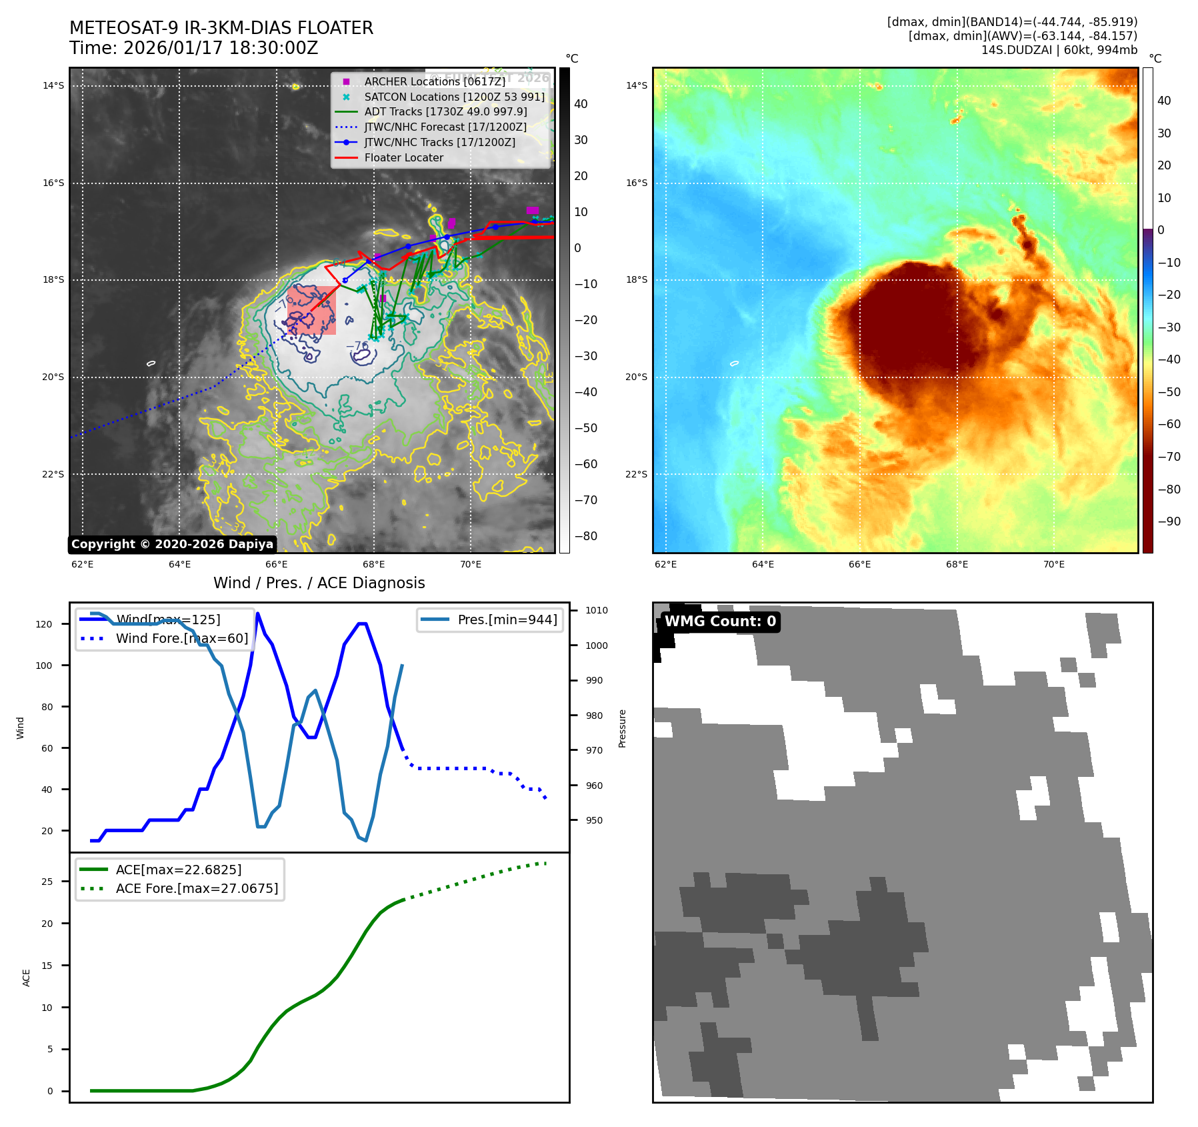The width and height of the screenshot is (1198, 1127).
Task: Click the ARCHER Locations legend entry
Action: click(435, 81)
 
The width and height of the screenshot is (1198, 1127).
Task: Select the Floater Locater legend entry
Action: click(403, 157)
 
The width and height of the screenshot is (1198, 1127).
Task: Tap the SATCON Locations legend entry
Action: click(454, 97)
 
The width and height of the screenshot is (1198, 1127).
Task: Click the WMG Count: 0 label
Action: click(720, 622)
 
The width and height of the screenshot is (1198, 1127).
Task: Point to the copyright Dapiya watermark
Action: click(172, 544)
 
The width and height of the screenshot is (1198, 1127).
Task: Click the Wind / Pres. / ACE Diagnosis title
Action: click(319, 583)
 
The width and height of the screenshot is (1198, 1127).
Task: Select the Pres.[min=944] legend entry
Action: click(507, 620)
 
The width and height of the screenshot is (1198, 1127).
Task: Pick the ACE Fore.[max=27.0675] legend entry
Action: click(197, 888)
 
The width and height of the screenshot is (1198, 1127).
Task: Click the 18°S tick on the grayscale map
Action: click(53, 279)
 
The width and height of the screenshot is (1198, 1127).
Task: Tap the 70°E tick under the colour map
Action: click(1053, 564)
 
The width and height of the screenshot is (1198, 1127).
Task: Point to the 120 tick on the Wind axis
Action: click(44, 624)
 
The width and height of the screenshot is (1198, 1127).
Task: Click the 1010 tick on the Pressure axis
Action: click(597, 610)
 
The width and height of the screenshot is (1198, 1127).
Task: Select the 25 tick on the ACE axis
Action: click(47, 882)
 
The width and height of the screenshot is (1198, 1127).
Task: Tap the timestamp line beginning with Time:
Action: click(193, 48)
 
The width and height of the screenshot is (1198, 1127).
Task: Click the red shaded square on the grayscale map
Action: click(311, 310)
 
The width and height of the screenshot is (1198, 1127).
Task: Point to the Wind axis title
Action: click(20, 728)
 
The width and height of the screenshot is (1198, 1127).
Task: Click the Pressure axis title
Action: click(622, 728)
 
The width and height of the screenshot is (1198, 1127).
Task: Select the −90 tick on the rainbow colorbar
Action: click(1169, 521)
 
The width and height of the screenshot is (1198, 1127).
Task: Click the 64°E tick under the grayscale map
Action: click(179, 564)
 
